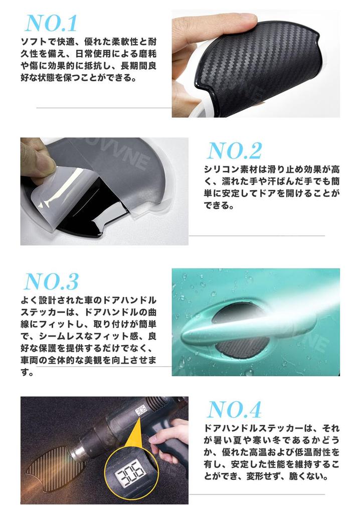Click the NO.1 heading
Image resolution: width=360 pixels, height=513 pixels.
51,23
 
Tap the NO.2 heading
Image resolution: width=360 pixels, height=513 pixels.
234,151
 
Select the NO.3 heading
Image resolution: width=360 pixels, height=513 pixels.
51,282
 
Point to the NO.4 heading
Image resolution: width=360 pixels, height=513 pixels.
235,410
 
